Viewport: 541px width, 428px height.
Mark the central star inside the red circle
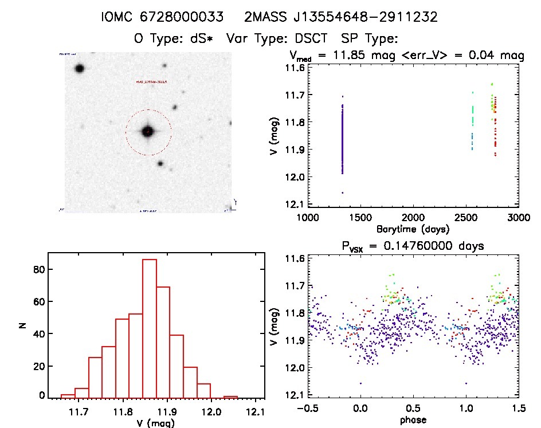click(x=148, y=131)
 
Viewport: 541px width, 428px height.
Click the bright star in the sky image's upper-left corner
click(x=79, y=68)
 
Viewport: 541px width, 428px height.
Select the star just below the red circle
click(x=160, y=163)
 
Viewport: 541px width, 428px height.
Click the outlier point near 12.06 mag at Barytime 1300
click(x=342, y=193)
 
